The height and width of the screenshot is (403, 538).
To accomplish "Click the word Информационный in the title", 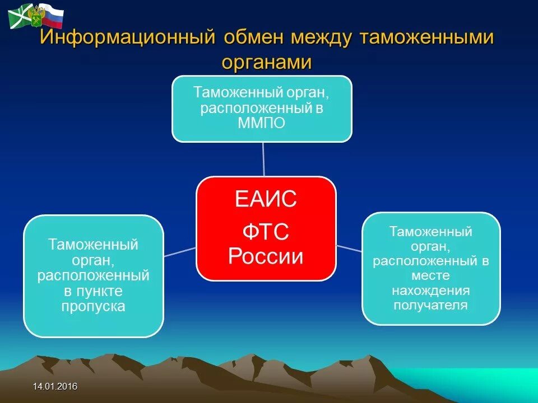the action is tap(128, 38).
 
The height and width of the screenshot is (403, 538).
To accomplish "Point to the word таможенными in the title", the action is tap(427, 38).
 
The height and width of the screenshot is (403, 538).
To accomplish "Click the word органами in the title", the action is tap(267, 63).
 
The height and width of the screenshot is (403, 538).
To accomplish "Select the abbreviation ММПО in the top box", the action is tap(262, 123).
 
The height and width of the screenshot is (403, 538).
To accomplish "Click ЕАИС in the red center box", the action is tap(266, 198).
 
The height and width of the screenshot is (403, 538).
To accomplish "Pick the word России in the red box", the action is tap(266, 256).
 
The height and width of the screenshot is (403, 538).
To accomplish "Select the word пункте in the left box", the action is tap(94, 291).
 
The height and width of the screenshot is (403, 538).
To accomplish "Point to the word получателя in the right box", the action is tap(430, 306).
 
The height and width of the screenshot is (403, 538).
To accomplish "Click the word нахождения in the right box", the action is tap(430, 290).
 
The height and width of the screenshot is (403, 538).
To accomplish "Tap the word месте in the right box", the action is tap(430, 275).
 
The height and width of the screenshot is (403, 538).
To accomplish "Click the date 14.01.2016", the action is tap(55, 387).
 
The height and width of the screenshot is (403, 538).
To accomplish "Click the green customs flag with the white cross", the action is tap(20, 16).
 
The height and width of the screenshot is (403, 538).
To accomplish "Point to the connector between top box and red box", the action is tap(263, 159).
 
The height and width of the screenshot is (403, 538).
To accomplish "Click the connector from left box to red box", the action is tap(180, 252).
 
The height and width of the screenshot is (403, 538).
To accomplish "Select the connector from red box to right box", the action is tap(349, 249).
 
